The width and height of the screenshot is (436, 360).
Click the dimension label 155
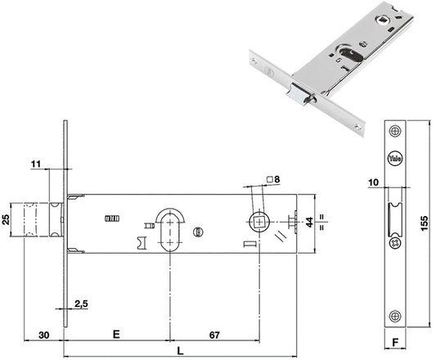click(x=425, y=223)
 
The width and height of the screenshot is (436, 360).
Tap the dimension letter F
click(x=395, y=342)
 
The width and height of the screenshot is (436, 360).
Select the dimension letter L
click(x=181, y=351)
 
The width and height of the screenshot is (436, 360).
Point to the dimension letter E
click(x=116, y=334)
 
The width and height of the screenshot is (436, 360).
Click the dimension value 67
click(x=214, y=335)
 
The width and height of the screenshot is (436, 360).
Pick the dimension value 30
click(x=43, y=335)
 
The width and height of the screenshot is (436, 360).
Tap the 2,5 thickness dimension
click(x=81, y=304)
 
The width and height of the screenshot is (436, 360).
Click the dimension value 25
click(x=6, y=219)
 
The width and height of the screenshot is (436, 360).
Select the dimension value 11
click(x=36, y=164)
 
